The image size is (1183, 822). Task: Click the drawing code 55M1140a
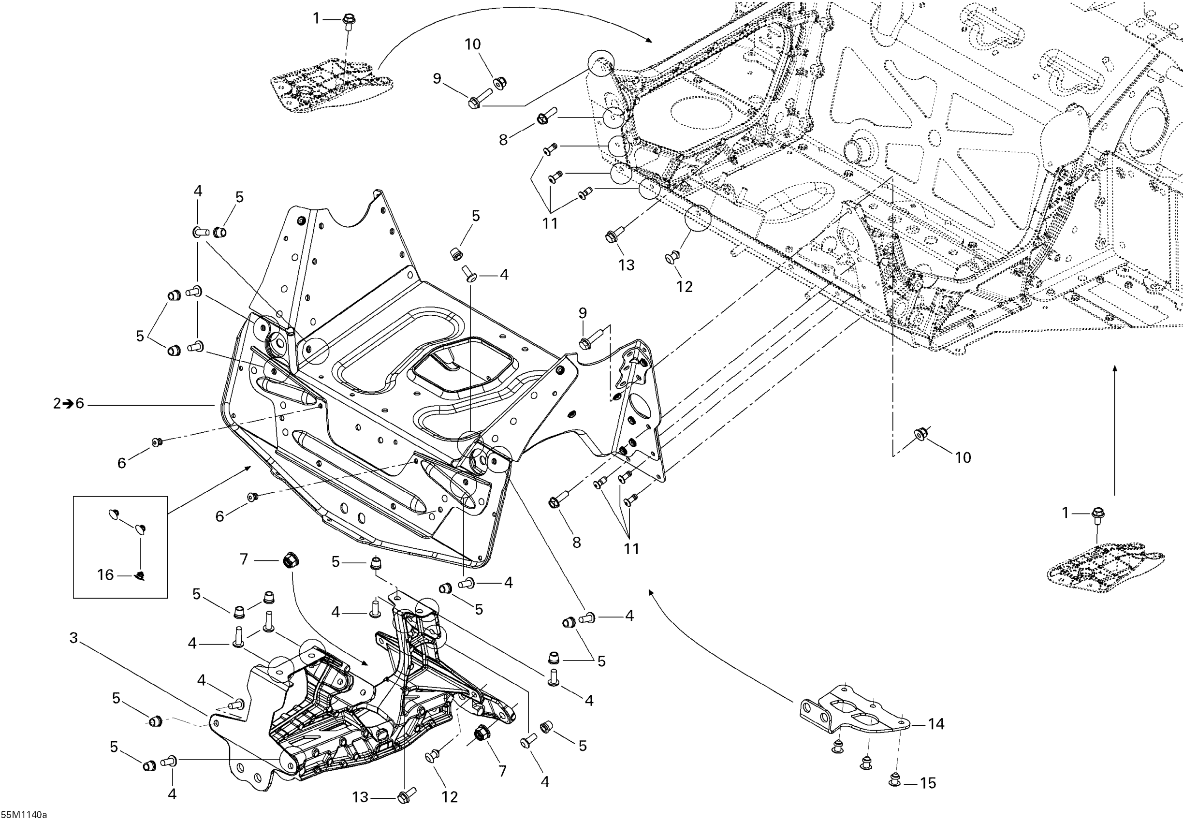pyautogui.click(x=24, y=815)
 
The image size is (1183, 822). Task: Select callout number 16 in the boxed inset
pyautogui.click(x=105, y=575)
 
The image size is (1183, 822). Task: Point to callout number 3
pyautogui.click(x=73, y=638)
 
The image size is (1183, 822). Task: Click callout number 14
pyautogui.click(x=936, y=724)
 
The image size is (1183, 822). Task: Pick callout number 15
pyautogui.click(x=928, y=783)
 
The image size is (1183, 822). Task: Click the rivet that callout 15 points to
pyautogui.click(x=895, y=780)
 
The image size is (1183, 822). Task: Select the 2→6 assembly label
pyautogui.click(x=68, y=404)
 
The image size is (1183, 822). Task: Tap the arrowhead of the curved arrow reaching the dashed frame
pyautogui.click(x=649, y=40)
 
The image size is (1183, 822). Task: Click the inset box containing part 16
pyautogui.click(x=120, y=547)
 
